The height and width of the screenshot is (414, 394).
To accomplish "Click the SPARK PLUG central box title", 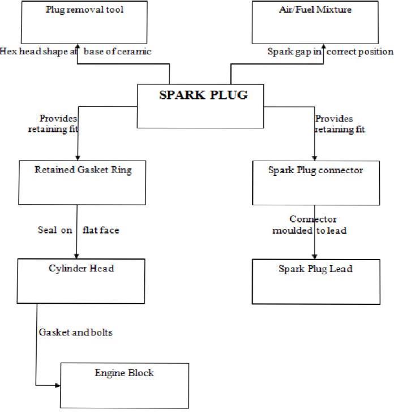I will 203,95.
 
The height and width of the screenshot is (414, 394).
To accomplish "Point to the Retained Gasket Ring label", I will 83,170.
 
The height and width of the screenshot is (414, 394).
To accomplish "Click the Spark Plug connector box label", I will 315,170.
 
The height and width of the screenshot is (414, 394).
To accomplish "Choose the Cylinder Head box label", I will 81,268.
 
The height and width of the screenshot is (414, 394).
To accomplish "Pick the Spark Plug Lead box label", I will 315,269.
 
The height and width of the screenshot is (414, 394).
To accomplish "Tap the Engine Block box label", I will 124,373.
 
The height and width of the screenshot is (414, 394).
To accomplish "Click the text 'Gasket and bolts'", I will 75,332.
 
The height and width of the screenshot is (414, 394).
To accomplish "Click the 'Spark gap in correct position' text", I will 330,51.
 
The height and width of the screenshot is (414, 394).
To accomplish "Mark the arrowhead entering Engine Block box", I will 57,386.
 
